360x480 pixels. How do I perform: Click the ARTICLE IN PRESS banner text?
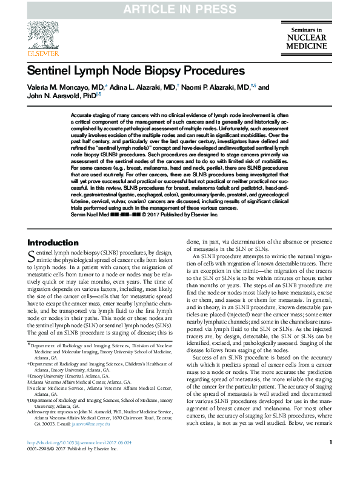179,9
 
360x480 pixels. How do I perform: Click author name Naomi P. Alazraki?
214,87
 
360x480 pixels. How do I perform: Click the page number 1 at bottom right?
330,460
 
